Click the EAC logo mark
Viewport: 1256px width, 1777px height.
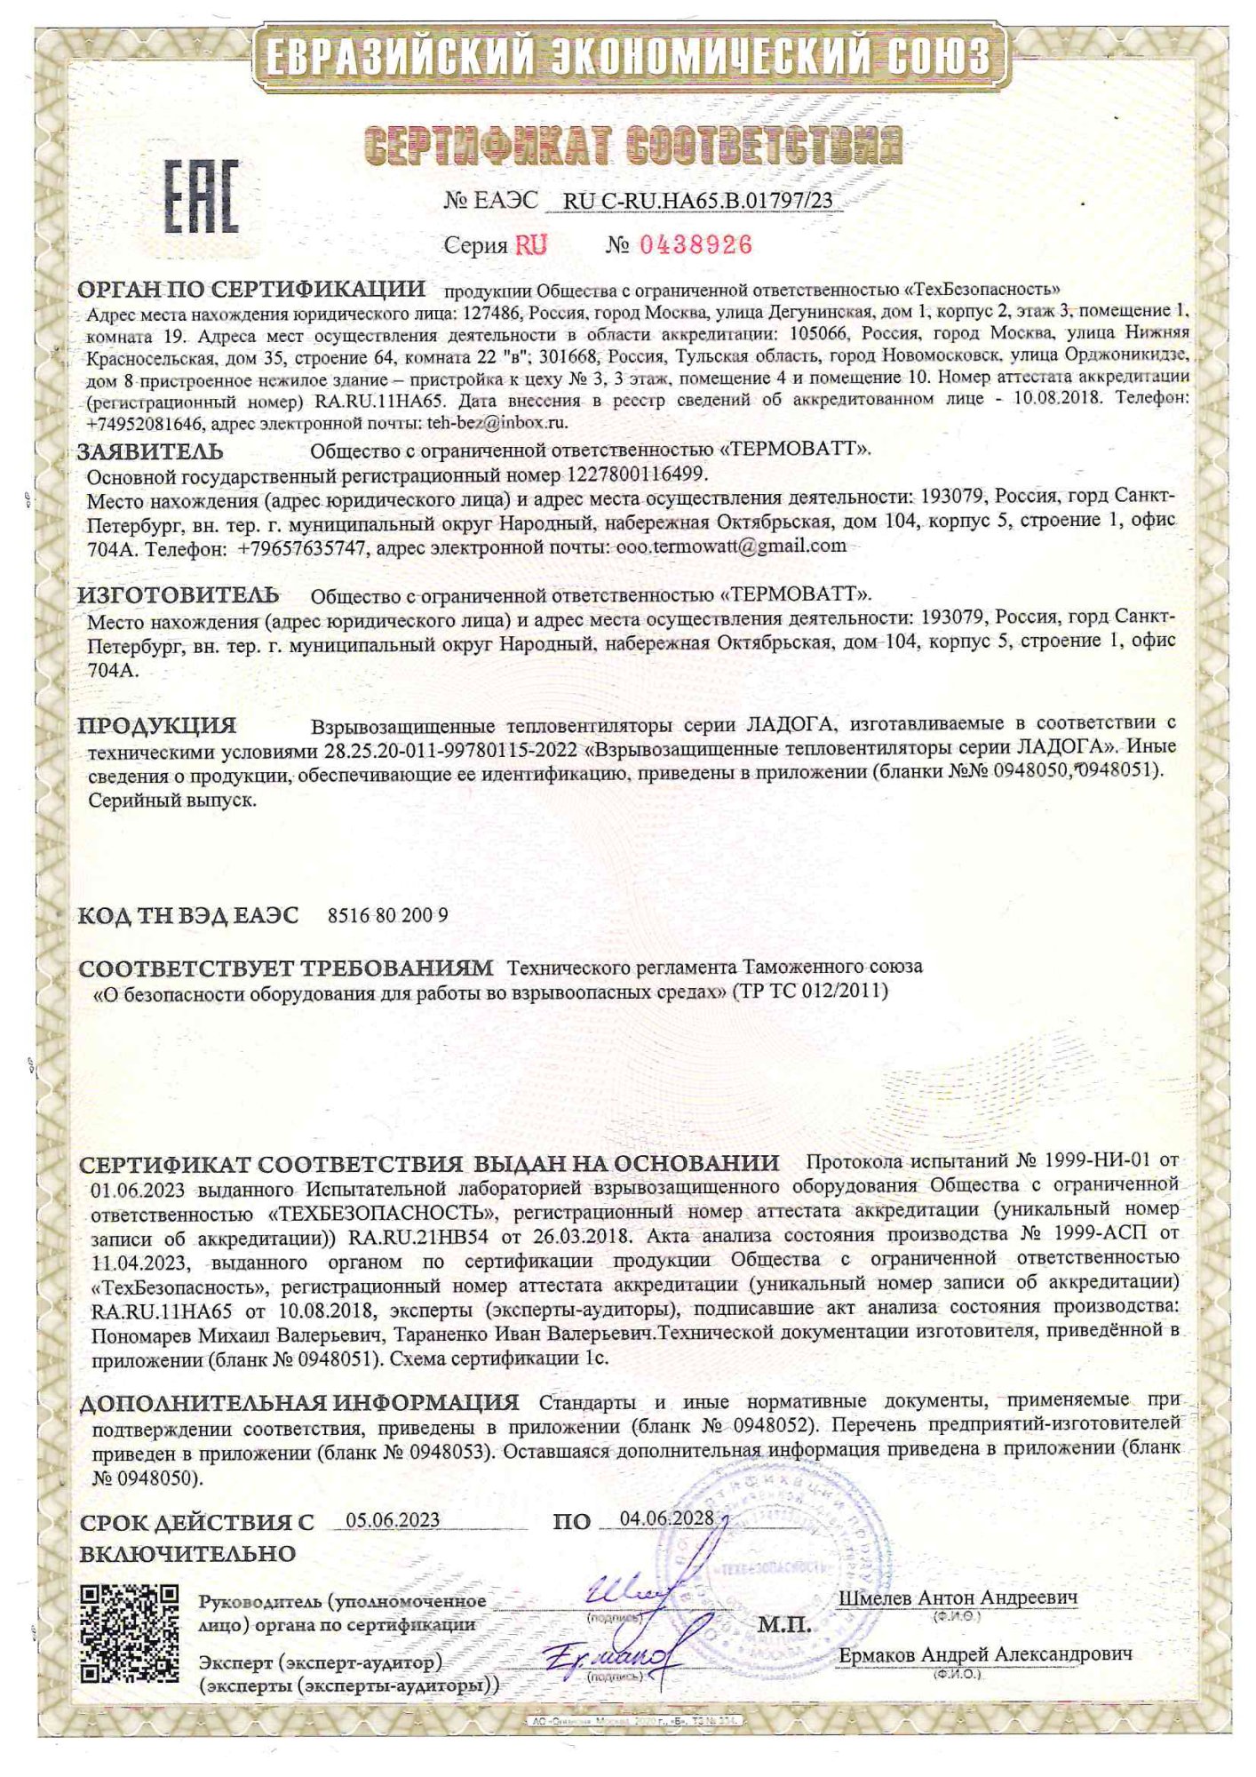[202, 195]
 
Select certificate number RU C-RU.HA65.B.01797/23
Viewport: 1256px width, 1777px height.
[698, 201]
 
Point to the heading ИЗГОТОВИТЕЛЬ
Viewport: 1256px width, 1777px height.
[179, 594]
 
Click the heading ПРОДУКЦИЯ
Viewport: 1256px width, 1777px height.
[157, 725]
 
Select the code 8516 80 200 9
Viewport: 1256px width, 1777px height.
[388, 915]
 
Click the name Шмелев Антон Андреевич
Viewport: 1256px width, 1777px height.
[958, 1597]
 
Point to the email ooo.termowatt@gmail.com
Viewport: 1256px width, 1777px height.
[731, 546]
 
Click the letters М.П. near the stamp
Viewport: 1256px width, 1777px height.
[784, 1625]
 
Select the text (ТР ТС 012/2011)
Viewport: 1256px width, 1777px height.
[810, 991]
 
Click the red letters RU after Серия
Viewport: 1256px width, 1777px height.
[531, 245]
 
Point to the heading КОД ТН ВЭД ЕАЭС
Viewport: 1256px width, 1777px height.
[188, 915]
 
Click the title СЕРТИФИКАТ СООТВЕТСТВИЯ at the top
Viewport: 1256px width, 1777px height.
[633, 145]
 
